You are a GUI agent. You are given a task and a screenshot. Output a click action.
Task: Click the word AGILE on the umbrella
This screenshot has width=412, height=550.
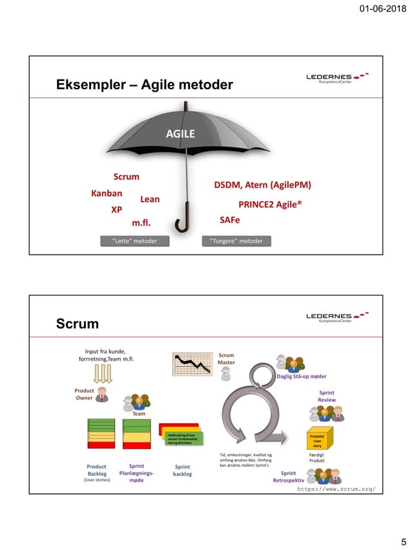tap(180, 134)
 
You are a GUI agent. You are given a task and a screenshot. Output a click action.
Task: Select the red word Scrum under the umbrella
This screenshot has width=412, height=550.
tap(126, 176)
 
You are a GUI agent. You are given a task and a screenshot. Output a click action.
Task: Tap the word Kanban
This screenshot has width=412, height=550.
tap(107, 193)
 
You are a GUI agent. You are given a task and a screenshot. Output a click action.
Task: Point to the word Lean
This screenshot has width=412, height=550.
tap(150, 200)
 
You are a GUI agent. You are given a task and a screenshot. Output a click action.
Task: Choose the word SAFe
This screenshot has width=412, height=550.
tap(230, 220)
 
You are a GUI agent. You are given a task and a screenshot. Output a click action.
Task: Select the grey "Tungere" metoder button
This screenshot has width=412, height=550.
tap(237, 241)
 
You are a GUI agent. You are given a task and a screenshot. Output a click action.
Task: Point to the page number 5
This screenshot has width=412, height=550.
tap(403, 542)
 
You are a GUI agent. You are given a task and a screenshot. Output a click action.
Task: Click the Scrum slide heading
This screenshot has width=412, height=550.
tap(77, 324)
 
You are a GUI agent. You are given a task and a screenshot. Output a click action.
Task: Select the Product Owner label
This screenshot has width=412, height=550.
tap(85, 394)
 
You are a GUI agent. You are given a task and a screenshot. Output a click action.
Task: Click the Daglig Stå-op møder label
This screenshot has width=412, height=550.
tap(301, 376)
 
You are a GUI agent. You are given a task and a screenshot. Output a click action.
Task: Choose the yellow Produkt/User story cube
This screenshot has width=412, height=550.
tap(318, 439)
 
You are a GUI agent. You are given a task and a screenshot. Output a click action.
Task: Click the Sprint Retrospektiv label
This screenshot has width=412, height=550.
tap(288, 477)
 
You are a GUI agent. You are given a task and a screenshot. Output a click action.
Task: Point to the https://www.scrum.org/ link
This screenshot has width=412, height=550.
tap(336, 489)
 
